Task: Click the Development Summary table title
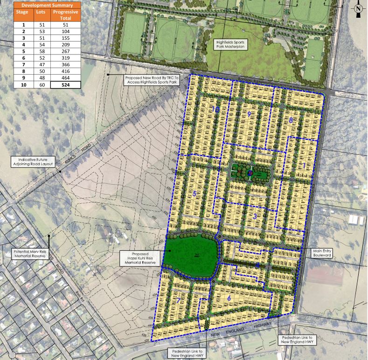click(41, 5)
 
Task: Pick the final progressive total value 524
click(65, 85)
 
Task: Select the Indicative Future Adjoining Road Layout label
click(33, 162)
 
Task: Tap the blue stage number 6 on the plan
click(229, 298)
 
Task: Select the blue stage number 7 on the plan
click(178, 300)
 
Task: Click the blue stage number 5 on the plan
click(194, 193)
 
